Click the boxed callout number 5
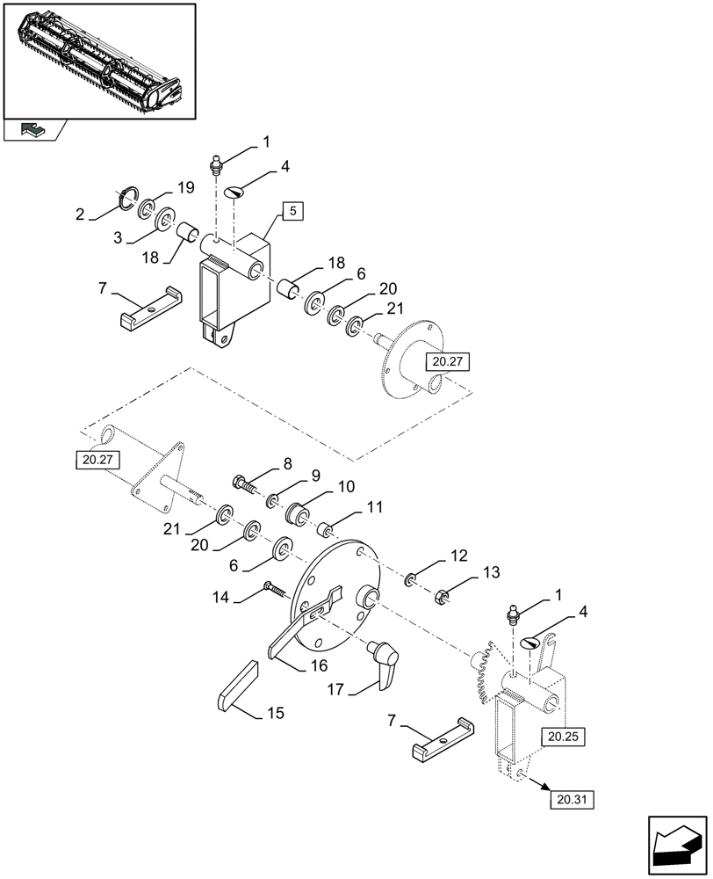point(293,211)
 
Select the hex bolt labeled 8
point(246,483)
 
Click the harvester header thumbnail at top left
point(98,60)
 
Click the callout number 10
point(347,486)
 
